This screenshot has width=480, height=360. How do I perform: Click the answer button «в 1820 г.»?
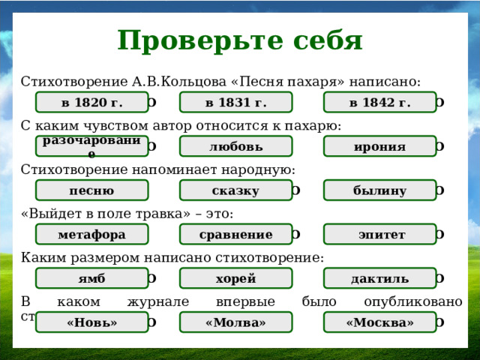(91, 102)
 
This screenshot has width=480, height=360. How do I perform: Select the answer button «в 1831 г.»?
(235, 102)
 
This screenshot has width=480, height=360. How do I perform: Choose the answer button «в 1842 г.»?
(379, 102)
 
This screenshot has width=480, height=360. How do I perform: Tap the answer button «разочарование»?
(91, 146)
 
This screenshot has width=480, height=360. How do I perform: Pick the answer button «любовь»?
(235, 146)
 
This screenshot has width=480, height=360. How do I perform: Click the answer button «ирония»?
(379, 146)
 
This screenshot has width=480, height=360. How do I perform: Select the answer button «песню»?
(91, 190)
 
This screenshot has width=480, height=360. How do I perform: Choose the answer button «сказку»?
(235, 190)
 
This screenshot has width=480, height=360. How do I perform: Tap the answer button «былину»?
(379, 190)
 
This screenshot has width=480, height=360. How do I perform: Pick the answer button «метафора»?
(91, 235)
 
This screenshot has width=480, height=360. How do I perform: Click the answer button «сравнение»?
(235, 235)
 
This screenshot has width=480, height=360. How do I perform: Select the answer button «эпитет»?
(379, 235)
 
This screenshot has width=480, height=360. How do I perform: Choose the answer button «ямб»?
(91, 279)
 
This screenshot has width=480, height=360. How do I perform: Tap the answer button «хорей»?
(235, 279)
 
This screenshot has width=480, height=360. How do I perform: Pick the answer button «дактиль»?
(379, 279)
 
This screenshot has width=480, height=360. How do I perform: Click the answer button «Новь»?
(91, 322)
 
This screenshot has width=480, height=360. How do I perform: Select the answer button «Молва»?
(235, 322)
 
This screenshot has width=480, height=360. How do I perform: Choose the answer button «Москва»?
(379, 322)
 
